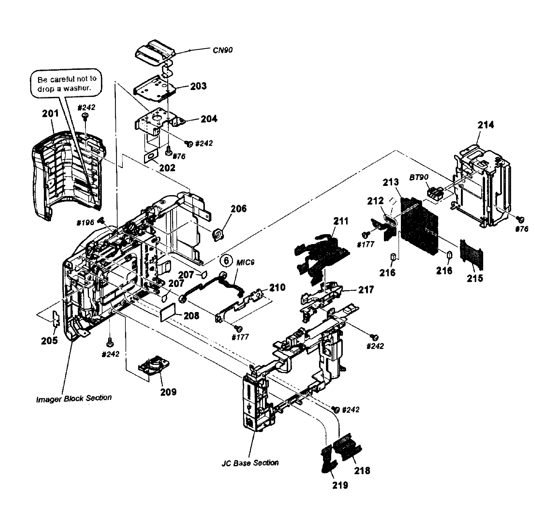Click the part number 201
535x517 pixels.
(x=50, y=114)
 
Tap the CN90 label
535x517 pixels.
(x=222, y=50)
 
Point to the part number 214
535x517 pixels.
(x=486, y=125)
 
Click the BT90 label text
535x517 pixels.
(x=419, y=177)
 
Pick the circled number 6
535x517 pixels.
(x=226, y=261)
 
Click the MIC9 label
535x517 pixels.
(x=245, y=263)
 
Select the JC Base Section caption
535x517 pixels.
(x=250, y=463)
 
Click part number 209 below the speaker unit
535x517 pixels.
(x=168, y=392)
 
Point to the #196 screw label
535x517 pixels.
(x=85, y=223)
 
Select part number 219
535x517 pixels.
(x=340, y=485)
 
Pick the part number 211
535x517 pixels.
(x=341, y=221)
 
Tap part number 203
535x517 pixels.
(x=198, y=86)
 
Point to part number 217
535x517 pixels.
(x=366, y=290)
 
